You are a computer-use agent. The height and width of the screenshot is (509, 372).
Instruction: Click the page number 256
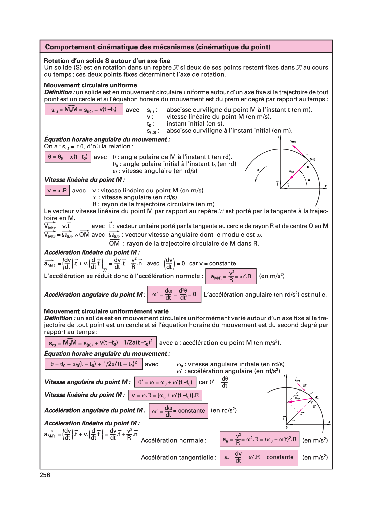[x=45, y=475]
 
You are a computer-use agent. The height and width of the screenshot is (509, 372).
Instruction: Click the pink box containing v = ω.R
[x=57, y=191]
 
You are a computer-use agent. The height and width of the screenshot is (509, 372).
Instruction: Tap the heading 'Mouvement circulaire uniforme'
[x=90, y=85]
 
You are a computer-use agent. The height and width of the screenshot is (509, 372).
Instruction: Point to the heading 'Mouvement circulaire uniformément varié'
[x=106, y=311]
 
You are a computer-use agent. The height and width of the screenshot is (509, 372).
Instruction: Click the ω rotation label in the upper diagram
[x=258, y=170]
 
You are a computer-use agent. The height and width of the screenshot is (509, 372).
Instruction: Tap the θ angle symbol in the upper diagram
[x=309, y=180]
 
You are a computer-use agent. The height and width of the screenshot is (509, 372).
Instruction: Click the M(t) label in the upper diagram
[x=312, y=159]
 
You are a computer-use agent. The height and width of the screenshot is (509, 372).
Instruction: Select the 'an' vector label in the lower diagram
[x=302, y=414]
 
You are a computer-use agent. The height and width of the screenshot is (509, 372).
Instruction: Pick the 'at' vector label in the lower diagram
[x=305, y=386]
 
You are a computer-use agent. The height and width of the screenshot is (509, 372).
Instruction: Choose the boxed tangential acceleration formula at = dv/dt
[x=259, y=458]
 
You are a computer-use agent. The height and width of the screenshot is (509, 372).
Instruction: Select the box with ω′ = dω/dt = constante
[x=179, y=411]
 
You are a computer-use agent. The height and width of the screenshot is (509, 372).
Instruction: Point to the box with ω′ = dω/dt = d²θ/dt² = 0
[x=174, y=294]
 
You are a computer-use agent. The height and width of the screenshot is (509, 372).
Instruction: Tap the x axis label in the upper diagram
[x=326, y=186]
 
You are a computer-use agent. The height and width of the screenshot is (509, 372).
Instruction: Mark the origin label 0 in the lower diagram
[x=287, y=427]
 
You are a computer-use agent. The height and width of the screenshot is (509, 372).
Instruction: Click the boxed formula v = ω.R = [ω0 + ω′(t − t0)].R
[x=165, y=395]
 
